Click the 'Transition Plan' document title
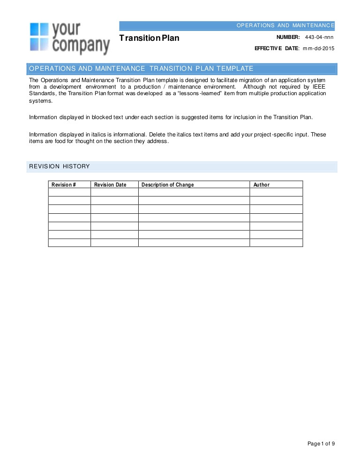tap(149, 38)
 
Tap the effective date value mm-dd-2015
tap(318, 48)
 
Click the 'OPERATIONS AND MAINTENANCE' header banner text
tap(285, 25)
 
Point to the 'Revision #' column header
tap(64, 185)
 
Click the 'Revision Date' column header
tap(110, 185)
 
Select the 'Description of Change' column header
tap(167, 185)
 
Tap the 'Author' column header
tap(262, 185)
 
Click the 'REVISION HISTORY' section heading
tap(59, 166)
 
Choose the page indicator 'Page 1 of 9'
tap(321, 443)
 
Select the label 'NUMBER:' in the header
tap(288, 37)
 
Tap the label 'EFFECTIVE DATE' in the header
tap(276, 48)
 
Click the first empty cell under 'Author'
tap(276, 192)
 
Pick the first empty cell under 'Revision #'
tap(69, 192)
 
